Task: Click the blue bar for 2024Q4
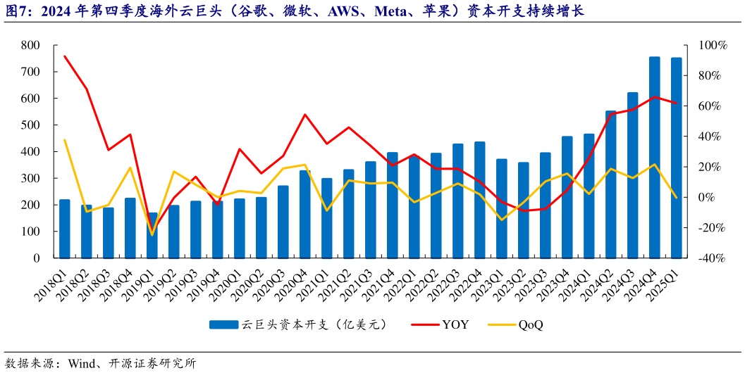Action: click(654, 158)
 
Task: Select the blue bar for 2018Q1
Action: click(65, 229)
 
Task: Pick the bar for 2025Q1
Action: click(676, 158)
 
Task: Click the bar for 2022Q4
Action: click(479, 200)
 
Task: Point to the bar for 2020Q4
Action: click(304, 214)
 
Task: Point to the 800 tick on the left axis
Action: click(30, 45)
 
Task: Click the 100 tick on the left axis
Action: click(30, 232)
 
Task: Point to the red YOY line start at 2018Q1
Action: click(65, 56)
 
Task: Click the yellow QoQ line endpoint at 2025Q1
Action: click(676, 198)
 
